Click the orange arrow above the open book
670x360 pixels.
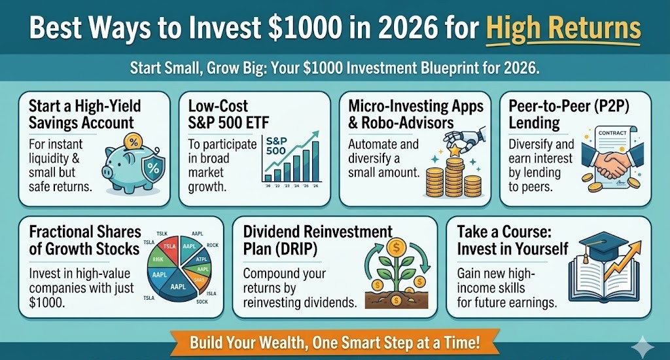point(622,262)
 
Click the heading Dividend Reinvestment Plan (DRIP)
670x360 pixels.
point(318,240)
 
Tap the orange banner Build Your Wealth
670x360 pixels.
point(334,342)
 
